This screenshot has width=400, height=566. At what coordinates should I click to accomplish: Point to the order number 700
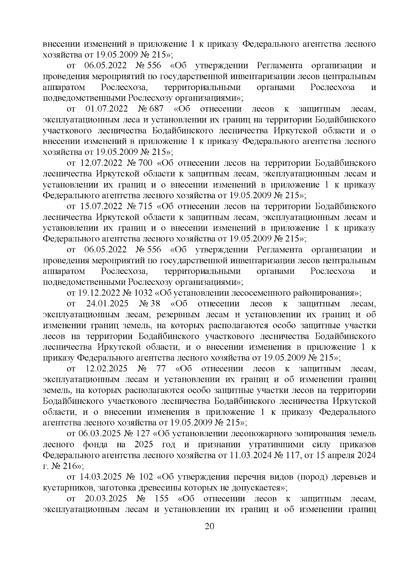146,163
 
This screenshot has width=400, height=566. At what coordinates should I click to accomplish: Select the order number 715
146,206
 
